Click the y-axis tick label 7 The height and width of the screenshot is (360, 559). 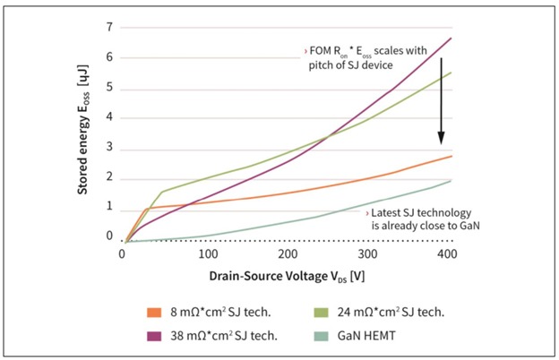[x=110, y=27]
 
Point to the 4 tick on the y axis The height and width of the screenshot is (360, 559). [x=110, y=117]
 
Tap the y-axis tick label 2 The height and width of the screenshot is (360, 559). [x=110, y=177]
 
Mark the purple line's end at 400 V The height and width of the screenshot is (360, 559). [x=451, y=38]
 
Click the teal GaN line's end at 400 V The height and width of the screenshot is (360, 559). [x=451, y=180]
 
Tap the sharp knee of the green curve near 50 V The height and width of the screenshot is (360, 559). [x=161, y=192]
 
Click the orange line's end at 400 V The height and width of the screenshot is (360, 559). [x=451, y=156]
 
